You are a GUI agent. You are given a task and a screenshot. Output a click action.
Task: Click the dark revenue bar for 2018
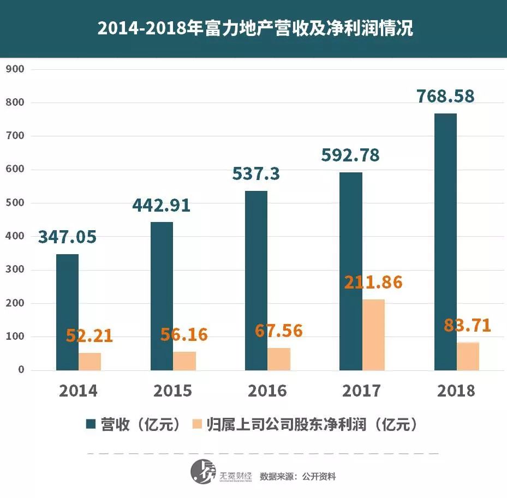[445, 242]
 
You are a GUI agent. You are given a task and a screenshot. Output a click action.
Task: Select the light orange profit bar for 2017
[373, 335]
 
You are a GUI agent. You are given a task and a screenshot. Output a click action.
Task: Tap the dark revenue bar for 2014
[67, 312]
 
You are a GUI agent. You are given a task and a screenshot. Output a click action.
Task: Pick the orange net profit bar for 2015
[184, 361]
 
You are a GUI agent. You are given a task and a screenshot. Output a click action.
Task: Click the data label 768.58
[445, 96]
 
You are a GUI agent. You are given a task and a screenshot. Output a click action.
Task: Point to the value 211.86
[373, 283]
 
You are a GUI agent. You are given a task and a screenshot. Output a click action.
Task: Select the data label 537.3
[256, 173]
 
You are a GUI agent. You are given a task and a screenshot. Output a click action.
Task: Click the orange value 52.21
[90, 336]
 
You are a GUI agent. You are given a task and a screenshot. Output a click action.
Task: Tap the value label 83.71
[468, 326]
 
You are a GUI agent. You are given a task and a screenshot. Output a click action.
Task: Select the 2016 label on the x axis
[267, 391]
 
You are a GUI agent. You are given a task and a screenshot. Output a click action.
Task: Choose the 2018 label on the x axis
[456, 391]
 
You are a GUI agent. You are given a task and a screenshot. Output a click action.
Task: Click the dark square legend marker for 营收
[91, 424]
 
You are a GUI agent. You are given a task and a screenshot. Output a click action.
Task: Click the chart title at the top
[254, 29]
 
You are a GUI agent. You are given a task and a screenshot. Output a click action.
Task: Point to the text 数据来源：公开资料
[298, 476]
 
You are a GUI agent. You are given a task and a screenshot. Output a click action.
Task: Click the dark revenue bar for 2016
[256, 280]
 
